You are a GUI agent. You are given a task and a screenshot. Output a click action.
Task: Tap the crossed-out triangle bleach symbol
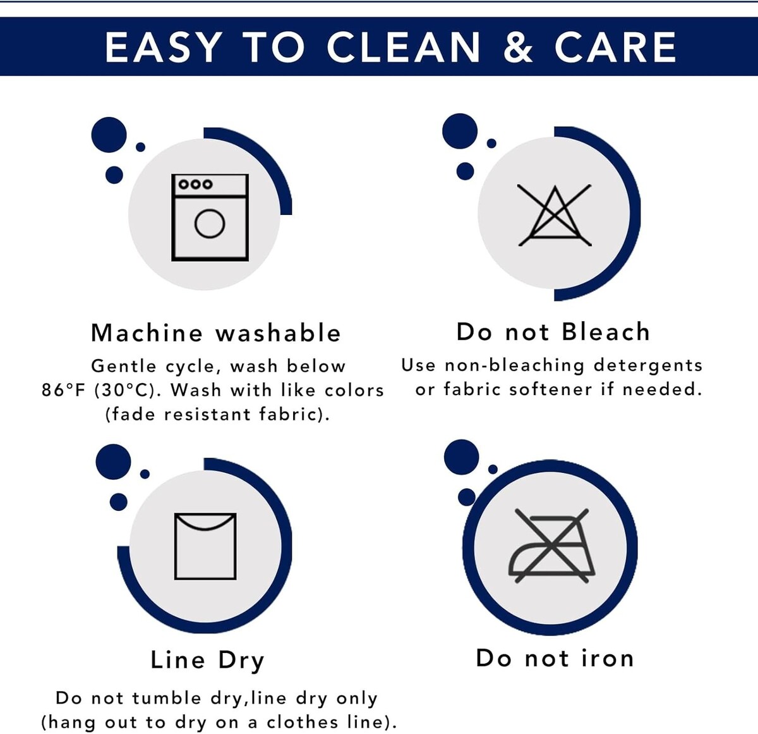point(555,215)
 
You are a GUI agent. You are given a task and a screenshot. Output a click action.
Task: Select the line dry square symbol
point(205,546)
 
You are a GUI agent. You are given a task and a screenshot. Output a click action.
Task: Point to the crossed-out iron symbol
point(552,546)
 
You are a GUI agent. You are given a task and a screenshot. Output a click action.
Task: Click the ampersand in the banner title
point(518,47)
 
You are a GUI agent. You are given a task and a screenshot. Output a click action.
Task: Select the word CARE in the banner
point(615,47)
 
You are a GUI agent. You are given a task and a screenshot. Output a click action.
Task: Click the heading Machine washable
point(216,333)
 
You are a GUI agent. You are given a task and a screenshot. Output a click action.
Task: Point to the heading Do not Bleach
point(553,332)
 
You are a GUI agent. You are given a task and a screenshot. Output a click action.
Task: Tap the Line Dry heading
point(207,660)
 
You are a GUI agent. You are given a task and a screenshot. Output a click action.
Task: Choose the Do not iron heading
point(555,658)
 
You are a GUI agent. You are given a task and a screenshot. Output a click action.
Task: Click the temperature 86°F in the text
point(63,390)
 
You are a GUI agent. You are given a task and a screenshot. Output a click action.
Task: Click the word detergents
point(648,365)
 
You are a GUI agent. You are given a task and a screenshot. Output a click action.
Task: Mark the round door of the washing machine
point(210,224)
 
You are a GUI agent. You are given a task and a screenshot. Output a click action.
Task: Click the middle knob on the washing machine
point(196,184)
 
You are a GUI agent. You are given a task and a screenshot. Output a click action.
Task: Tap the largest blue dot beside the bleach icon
point(460,131)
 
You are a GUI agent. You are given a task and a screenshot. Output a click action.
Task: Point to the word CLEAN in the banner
point(403,47)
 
